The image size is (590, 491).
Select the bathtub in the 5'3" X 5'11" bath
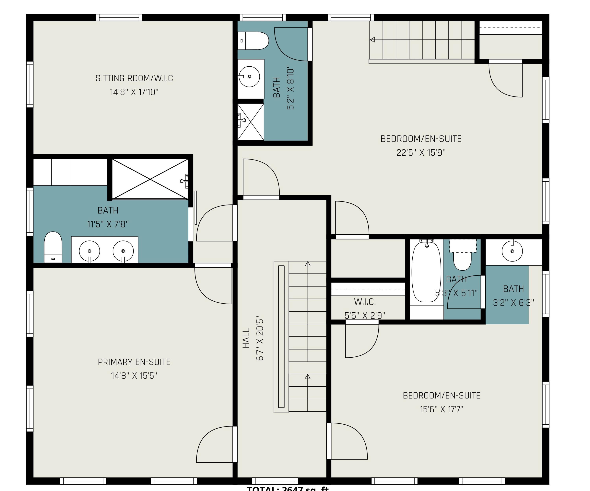(x=426, y=272)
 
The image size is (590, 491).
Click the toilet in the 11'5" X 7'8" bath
(x=53, y=247)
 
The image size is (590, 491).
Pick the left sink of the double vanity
(x=89, y=251)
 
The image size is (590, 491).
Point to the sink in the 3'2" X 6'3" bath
(x=512, y=251)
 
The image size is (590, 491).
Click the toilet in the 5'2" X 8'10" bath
(x=253, y=41)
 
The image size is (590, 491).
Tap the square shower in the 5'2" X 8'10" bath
(x=251, y=122)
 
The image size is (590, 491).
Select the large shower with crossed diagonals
(x=150, y=179)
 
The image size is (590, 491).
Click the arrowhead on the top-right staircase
(x=372, y=40)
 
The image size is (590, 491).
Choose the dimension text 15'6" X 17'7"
(x=441, y=409)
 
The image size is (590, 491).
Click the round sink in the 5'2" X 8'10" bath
(x=249, y=76)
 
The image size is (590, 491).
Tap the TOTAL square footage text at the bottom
(x=287, y=488)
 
